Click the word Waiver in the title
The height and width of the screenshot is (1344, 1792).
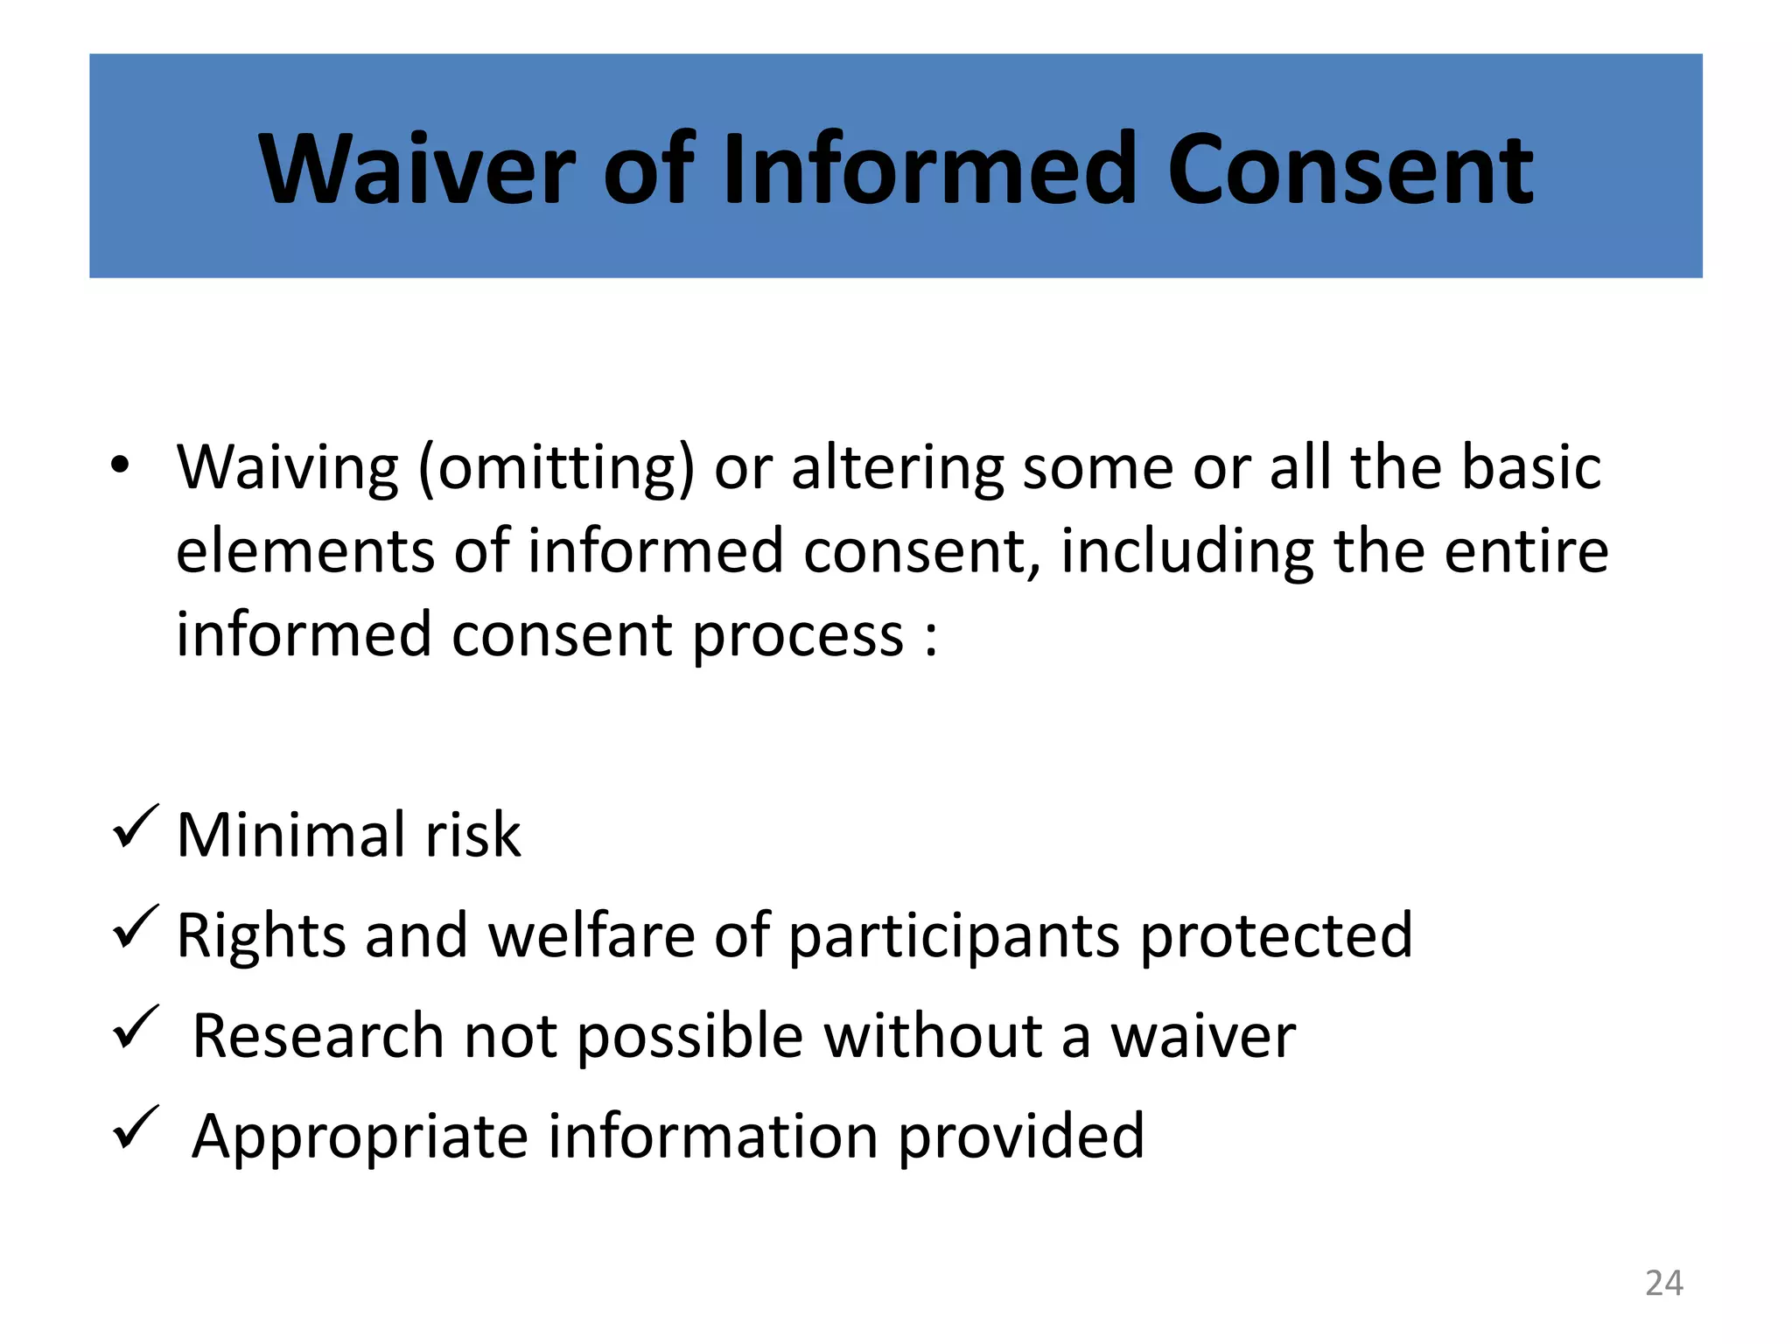[417, 168]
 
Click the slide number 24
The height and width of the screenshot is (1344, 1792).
[1663, 1283]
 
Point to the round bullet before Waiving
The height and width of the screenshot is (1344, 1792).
[120, 466]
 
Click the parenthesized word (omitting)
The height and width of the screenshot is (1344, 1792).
[556, 468]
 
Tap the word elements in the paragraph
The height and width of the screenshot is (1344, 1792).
[305, 551]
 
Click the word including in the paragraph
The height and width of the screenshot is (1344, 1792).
[1186, 551]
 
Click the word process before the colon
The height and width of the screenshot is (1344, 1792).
[798, 635]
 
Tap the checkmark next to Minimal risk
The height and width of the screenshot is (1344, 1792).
[136, 827]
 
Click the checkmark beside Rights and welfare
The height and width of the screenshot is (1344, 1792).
[136, 927]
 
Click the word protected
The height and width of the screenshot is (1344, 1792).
[1276, 936]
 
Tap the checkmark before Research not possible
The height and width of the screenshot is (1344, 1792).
[136, 1027]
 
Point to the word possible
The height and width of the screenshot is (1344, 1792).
[690, 1037]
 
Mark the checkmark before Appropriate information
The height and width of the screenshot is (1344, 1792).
[136, 1128]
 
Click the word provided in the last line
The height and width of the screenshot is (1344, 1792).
[1020, 1137]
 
